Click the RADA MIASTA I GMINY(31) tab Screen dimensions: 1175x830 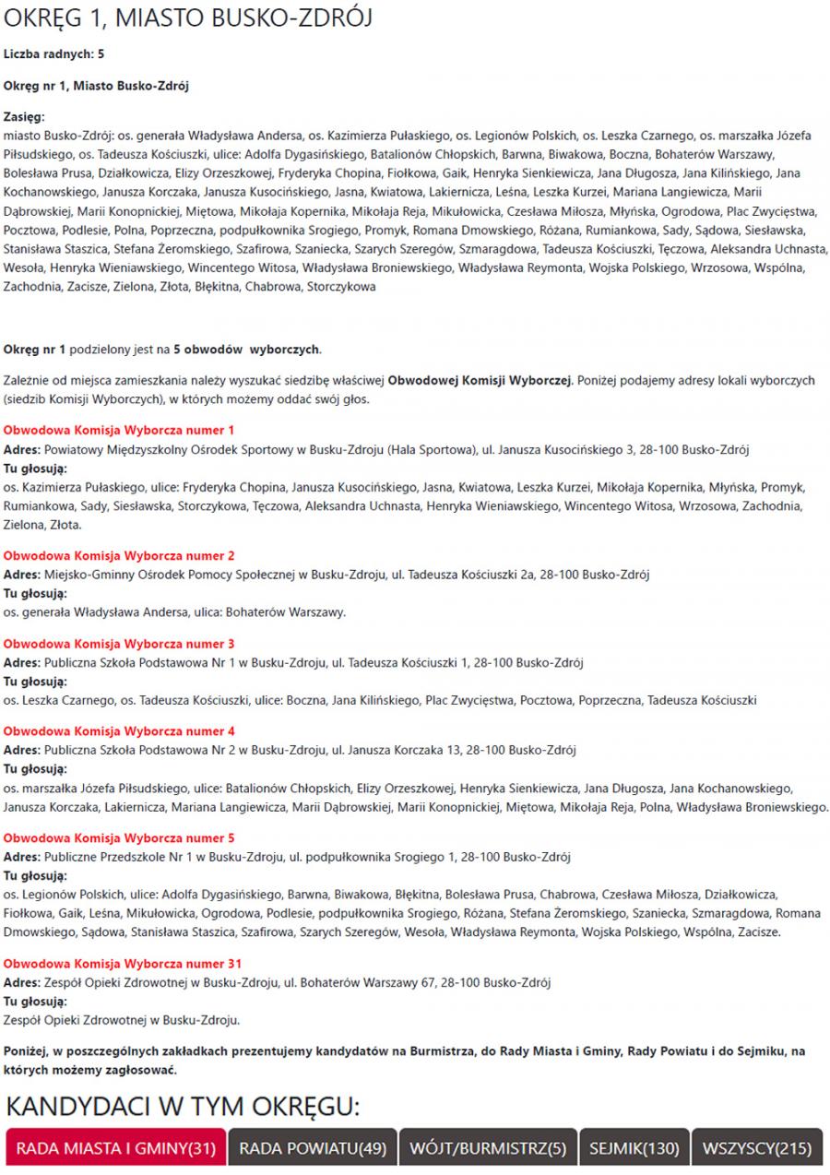[x=116, y=1148]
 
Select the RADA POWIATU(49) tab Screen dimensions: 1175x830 [x=312, y=1148]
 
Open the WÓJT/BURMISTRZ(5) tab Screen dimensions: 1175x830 [x=488, y=1148]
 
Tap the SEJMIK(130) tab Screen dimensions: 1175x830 [x=634, y=1148]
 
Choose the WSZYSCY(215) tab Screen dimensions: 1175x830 [x=756, y=1148]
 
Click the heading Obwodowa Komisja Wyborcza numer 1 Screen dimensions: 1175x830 [x=119, y=430]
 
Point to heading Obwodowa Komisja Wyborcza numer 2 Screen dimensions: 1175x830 [x=119, y=555]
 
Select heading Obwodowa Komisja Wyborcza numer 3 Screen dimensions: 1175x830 [x=119, y=643]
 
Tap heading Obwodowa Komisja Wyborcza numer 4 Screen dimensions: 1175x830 [x=119, y=730]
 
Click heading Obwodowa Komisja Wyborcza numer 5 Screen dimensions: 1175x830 [x=119, y=837]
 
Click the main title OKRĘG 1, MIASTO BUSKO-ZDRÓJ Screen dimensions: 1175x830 [x=188, y=19]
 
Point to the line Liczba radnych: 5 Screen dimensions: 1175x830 [x=53, y=54]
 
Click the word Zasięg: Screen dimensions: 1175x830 [x=24, y=117]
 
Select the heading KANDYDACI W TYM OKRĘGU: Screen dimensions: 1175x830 [x=182, y=1106]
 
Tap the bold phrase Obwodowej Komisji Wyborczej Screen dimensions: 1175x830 [x=480, y=380]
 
